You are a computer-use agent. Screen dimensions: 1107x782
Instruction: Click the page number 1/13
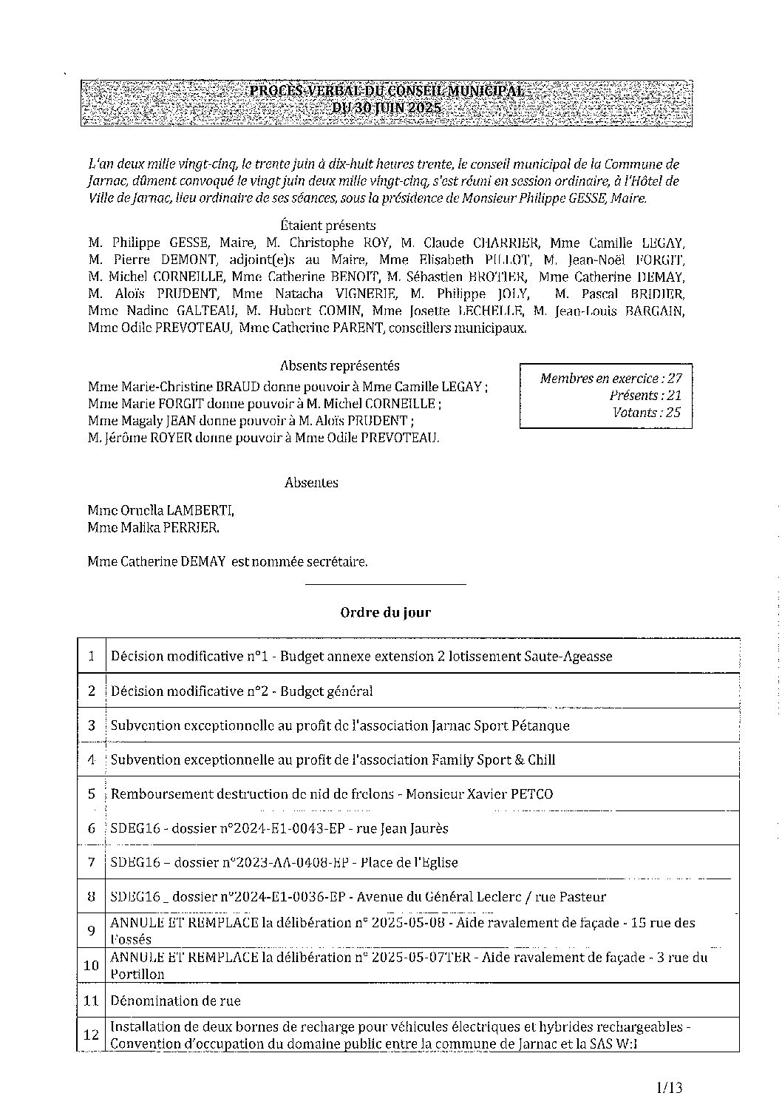tap(668, 1087)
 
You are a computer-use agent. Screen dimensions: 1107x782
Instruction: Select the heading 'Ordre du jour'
tap(385, 612)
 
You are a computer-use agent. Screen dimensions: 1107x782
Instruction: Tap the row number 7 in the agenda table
tap(92, 862)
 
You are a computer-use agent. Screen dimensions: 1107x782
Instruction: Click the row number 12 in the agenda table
tap(92, 1035)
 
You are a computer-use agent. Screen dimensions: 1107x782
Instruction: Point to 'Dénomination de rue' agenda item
tap(175, 1001)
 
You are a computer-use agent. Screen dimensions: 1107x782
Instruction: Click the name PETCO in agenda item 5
tap(531, 794)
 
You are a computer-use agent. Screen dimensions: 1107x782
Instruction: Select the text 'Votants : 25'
tap(647, 413)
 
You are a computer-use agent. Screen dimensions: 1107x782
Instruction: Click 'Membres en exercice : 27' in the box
tap(611, 379)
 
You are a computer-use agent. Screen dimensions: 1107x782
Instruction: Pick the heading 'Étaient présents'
tap(328, 226)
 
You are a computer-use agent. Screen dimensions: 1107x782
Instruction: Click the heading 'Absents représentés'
tap(340, 365)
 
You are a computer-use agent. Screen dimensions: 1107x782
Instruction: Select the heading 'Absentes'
tap(311, 482)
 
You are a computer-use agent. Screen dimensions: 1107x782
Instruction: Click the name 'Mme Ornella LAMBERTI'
tap(160, 510)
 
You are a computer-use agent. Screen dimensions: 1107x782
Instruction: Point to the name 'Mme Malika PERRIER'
tap(153, 528)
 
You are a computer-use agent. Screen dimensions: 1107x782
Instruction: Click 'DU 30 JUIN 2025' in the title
tap(386, 108)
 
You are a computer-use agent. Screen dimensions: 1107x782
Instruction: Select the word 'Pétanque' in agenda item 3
tap(540, 725)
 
